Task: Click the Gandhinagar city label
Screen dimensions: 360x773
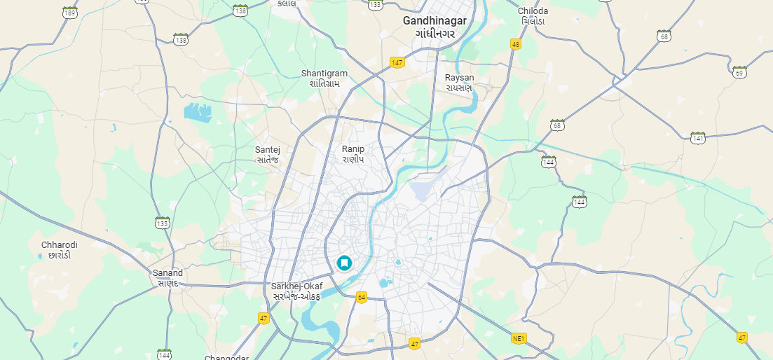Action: pos(435,21)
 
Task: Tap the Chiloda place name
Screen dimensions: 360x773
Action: pos(533,11)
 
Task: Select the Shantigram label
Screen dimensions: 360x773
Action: pos(324,74)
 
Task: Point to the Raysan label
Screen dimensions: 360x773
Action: pos(459,78)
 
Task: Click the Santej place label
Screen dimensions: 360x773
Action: pos(268,150)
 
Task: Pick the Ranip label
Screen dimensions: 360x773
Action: pos(353,149)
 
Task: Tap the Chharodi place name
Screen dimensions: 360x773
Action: pos(60,245)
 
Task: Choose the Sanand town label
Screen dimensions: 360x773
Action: pos(167,273)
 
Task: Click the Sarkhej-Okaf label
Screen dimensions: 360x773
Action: pos(296,286)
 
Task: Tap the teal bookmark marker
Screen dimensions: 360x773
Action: pos(344,263)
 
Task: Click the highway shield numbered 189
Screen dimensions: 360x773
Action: pos(69,12)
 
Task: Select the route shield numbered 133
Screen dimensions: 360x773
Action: pos(376,4)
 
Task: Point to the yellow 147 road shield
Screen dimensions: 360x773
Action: pos(397,62)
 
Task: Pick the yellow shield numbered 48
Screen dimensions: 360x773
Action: pos(516,44)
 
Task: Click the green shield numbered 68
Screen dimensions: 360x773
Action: pos(664,35)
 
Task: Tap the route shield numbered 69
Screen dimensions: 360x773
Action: pos(739,71)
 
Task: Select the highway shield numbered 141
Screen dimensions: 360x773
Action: pos(697,137)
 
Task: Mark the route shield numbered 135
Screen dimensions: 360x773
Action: pos(163,223)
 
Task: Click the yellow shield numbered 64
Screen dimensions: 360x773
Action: pos(362,298)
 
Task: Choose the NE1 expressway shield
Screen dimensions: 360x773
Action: pos(519,339)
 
